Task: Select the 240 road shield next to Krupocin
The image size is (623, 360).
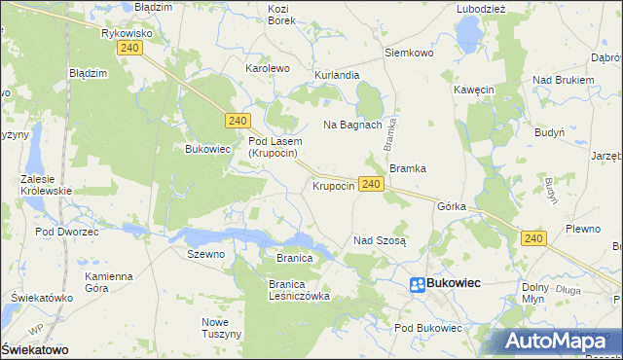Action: (369, 184)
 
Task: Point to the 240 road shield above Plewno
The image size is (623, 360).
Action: (532, 237)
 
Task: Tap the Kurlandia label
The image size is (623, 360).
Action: (337, 75)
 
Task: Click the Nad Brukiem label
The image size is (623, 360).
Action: (563, 80)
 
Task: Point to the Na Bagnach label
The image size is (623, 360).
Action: (351, 125)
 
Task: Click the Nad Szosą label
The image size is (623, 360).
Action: (380, 239)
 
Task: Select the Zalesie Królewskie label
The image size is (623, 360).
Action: (46, 185)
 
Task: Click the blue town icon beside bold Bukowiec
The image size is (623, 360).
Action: (416, 284)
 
